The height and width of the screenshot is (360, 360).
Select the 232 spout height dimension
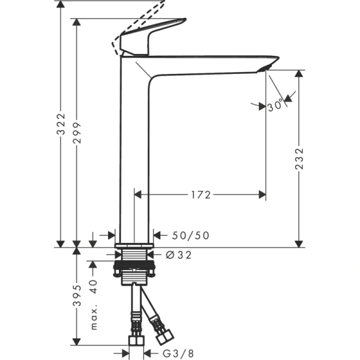click(x=299, y=158)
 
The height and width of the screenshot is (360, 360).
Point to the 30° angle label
click(x=276, y=106)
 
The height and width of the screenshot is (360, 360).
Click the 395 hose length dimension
click(x=77, y=295)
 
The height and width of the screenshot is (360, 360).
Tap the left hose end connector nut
click(x=136, y=341)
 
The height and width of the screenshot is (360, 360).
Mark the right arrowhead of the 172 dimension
click(x=262, y=194)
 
